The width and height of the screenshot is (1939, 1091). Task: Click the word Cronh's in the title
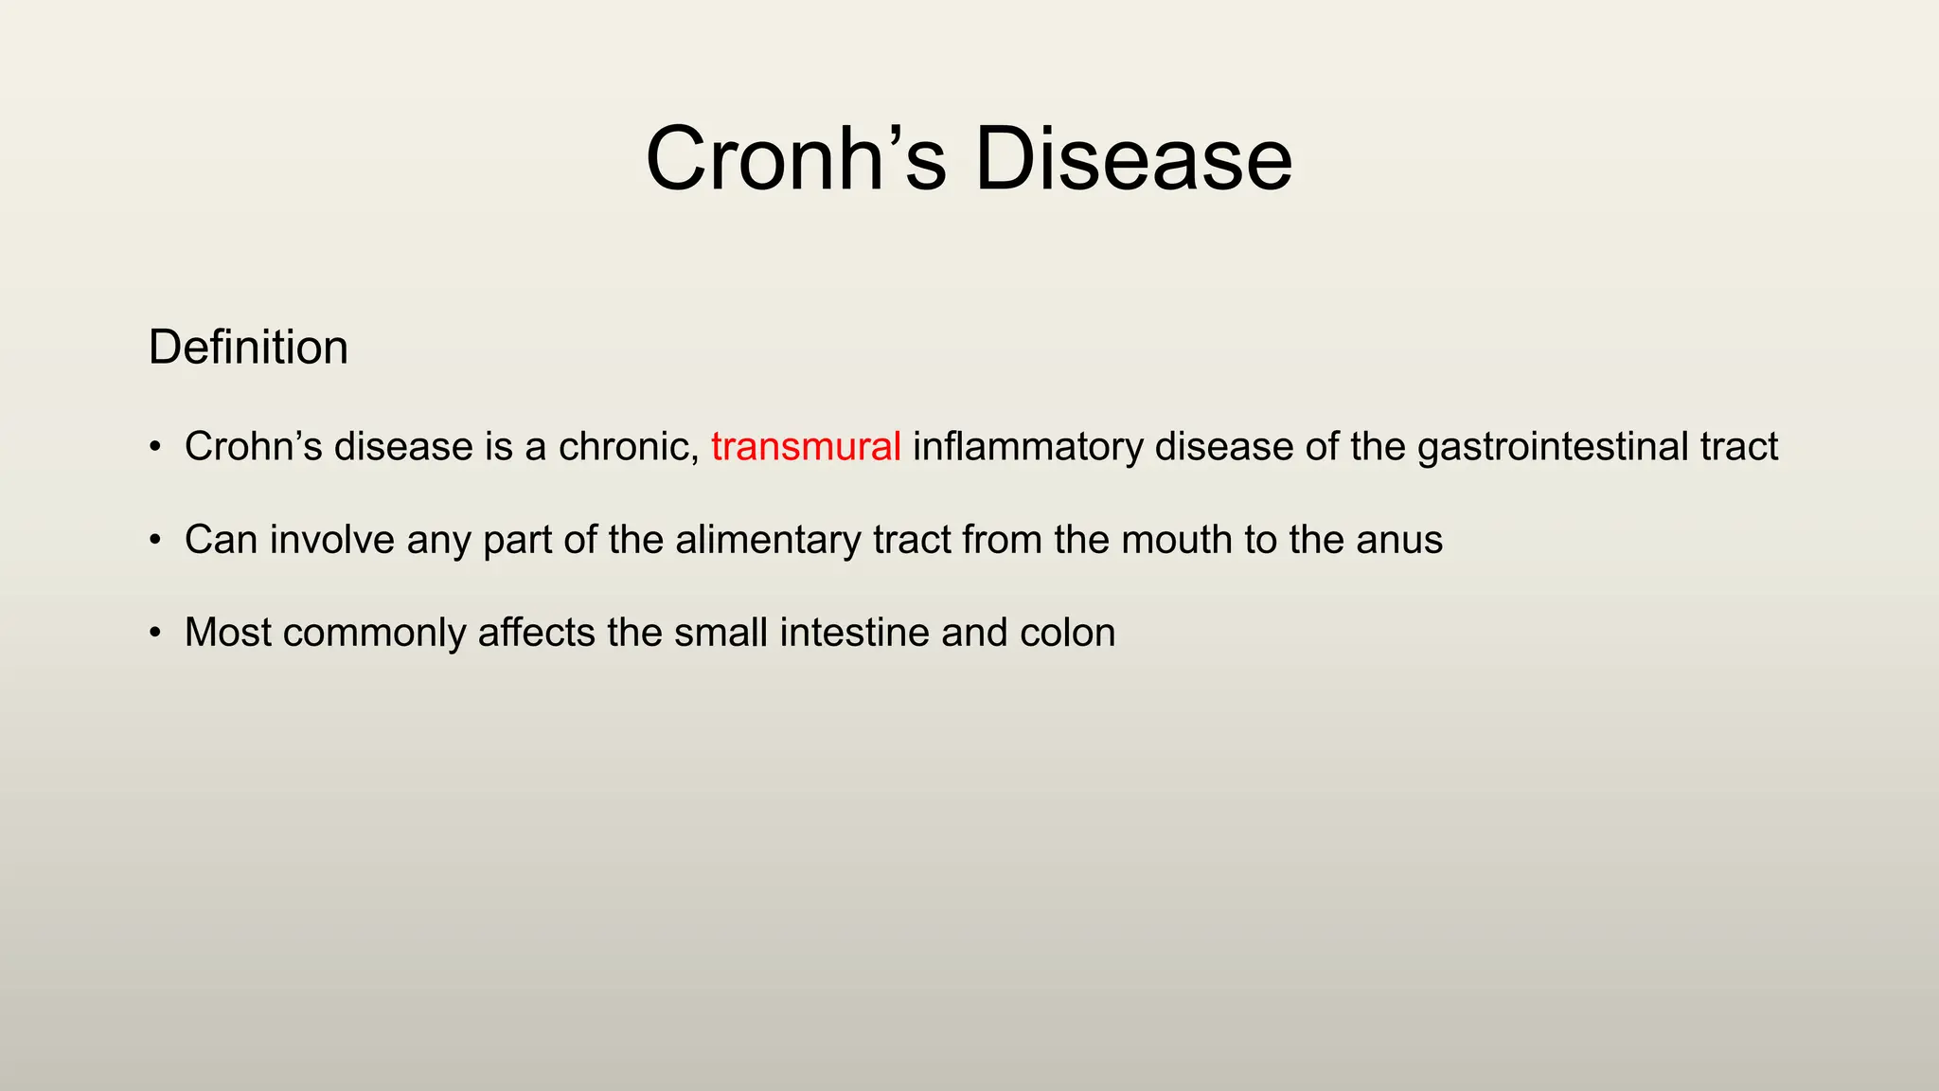pos(795,159)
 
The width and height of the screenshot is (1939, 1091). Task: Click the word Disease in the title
pos(1132,159)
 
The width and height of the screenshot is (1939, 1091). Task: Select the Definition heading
pos(248,348)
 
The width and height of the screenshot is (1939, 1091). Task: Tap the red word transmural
pos(806,446)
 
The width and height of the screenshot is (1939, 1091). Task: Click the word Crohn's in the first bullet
pos(253,446)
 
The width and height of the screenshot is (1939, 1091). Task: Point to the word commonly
pos(374,633)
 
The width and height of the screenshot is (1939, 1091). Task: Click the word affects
pos(536,633)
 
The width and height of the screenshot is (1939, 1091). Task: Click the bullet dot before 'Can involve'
pos(155,541)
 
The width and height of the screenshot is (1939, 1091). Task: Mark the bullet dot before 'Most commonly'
pos(155,634)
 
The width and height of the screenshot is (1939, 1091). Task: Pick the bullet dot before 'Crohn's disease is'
pos(155,447)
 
